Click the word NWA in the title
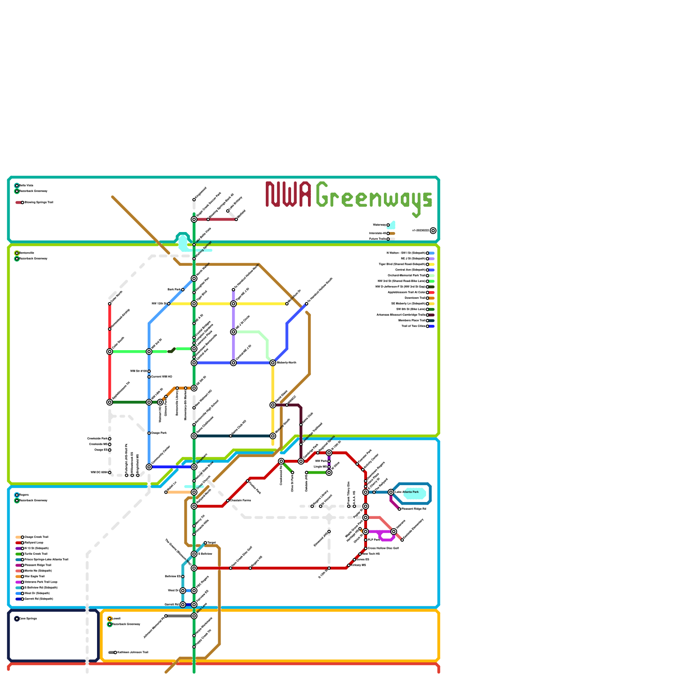[x=289, y=194]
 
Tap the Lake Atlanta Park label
[x=407, y=492]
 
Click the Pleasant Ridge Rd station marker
[x=400, y=509]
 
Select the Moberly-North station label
[x=286, y=363]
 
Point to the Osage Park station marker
[x=149, y=433]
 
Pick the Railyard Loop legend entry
[x=34, y=543]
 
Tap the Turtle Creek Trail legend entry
[x=35, y=554]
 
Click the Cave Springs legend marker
[x=17, y=618]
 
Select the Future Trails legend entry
[x=378, y=239]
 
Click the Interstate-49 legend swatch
[x=392, y=233]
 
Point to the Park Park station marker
[x=183, y=289]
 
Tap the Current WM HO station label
[x=162, y=377]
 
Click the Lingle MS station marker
[x=329, y=467]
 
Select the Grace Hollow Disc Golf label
[x=383, y=548]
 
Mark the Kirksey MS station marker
[x=349, y=565]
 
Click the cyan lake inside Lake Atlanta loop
[x=415, y=494]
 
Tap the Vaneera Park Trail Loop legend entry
[x=40, y=582]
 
